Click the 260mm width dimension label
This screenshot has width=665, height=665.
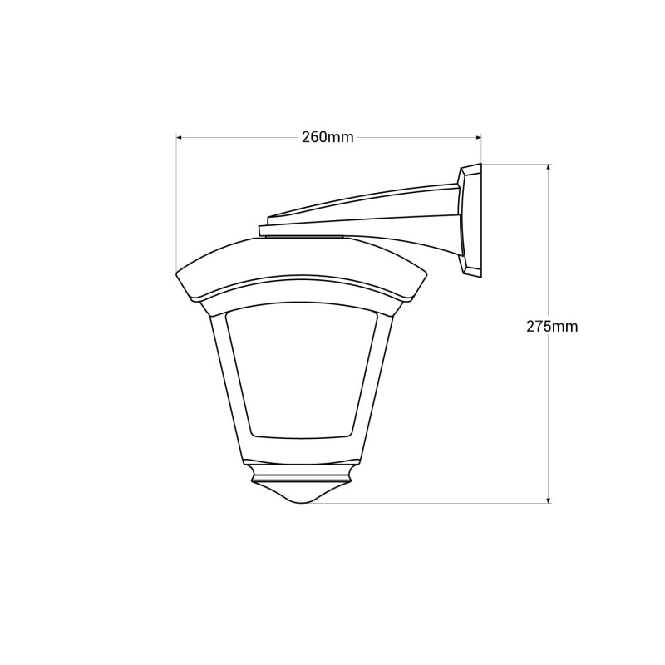[328, 137]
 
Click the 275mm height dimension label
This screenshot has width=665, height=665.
[552, 327]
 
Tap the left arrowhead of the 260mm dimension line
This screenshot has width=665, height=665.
[180, 137]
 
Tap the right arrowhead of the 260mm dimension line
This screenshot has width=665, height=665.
[478, 137]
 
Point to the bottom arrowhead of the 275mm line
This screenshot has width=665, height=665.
[549, 499]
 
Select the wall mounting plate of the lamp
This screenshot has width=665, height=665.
[470, 220]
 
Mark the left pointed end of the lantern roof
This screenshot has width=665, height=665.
[176, 273]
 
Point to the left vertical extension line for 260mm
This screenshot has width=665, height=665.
[176, 199]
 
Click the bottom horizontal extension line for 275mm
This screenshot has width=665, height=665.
[432, 503]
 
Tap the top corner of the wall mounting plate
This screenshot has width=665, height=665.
[480, 165]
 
